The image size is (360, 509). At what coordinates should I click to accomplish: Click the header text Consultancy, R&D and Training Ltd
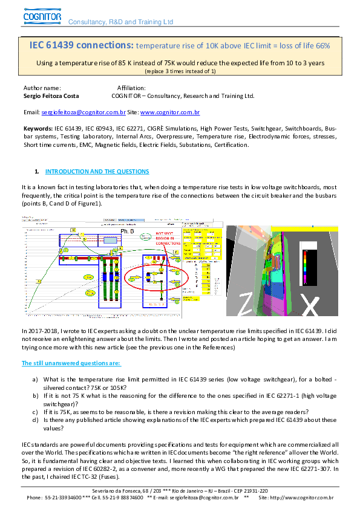[x=120, y=22]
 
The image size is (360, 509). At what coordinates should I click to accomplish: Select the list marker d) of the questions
[x=35, y=419]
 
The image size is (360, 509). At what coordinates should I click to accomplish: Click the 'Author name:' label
[x=42, y=88]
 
